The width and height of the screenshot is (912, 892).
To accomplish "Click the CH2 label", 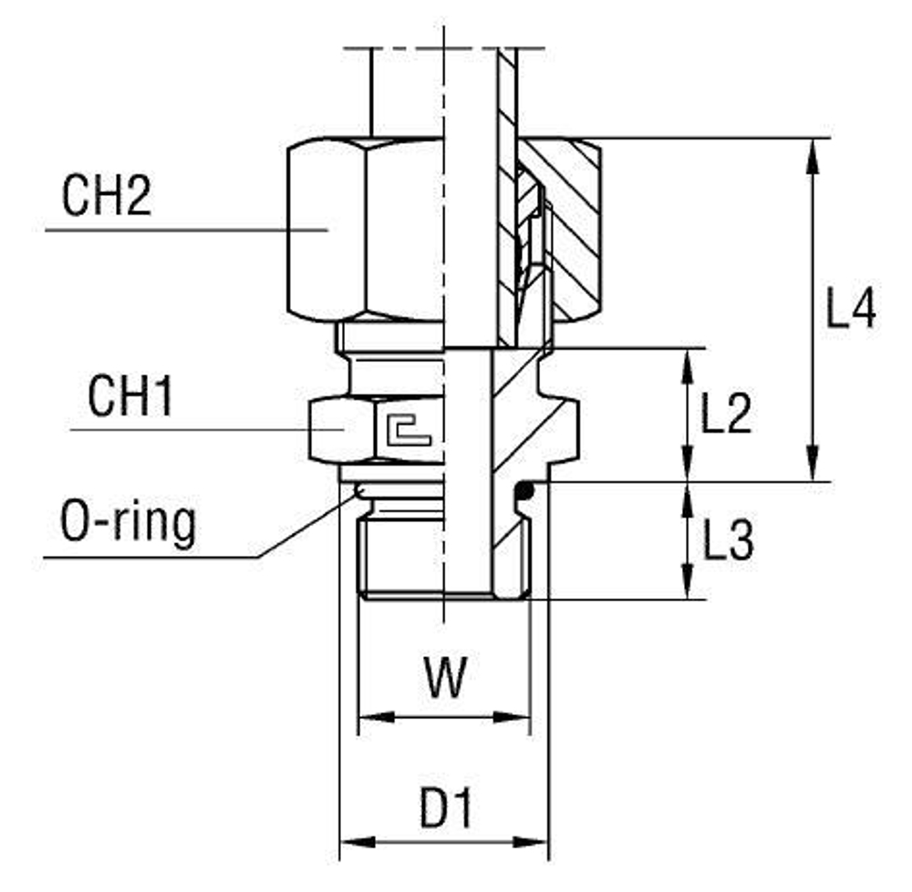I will pyautogui.click(x=106, y=196).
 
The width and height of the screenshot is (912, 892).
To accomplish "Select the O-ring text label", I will pyautogui.click(x=128, y=524).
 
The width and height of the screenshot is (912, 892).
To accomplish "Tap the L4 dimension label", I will pyautogui.click(x=850, y=310).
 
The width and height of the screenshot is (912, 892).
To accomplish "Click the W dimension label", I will pyautogui.click(x=445, y=679).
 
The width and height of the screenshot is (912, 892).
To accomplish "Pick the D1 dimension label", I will pyautogui.click(x=447, y=809).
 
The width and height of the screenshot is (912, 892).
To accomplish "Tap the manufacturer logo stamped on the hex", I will pyautogui.click(x=407, y=427).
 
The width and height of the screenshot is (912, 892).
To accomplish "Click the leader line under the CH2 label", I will pyautogui.click(x=182, y=230).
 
